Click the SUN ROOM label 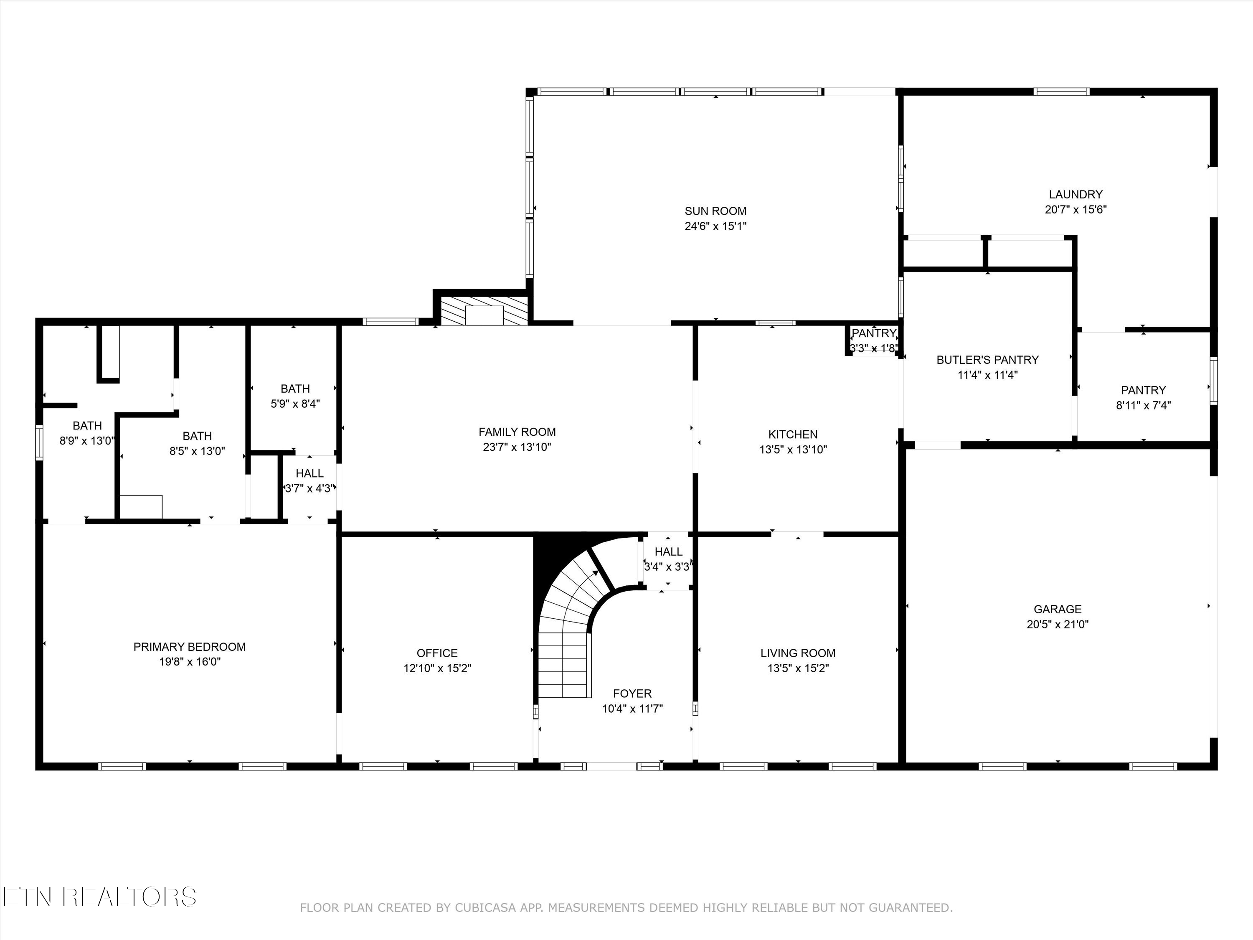[715, 211]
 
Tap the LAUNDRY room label [1075, 194]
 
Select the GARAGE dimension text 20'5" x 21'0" [1058, 625]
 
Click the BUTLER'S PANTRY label [987, 360]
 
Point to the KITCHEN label [793, 434]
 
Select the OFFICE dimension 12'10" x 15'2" [437, 668]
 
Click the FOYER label [632, 694]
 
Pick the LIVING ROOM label [798, 653]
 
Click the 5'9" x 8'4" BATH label [295, 389]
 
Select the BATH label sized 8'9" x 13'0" [87, 426]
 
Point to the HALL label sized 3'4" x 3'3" [668, 552]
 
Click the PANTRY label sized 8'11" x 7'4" [1144, 390]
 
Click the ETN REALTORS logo [100, 897]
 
